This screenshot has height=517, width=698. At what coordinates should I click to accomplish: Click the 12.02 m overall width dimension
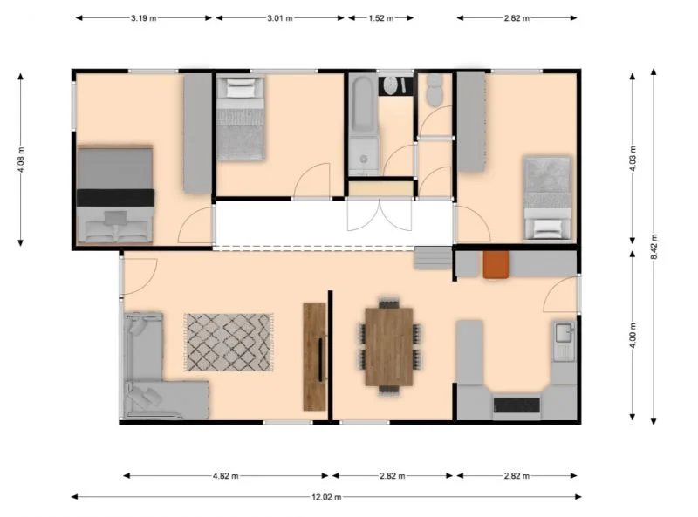[325, 497]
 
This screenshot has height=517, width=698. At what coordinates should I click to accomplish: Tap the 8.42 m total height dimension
[654, 248]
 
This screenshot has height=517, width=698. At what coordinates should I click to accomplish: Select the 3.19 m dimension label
[144, 17]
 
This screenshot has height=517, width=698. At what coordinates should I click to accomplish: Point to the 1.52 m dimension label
[377, 17]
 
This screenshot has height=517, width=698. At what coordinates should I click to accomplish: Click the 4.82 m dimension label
[226, 476]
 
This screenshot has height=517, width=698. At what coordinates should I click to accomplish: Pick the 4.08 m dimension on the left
[20, 160]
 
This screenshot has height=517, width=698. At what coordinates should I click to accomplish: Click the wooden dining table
[389, 345]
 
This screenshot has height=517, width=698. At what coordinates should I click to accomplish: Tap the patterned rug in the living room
[229, 342]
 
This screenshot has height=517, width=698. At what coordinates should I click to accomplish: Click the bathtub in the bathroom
[363, 125]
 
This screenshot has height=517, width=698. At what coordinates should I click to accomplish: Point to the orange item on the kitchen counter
[496, 264]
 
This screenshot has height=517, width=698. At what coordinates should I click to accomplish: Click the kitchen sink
[564, 332]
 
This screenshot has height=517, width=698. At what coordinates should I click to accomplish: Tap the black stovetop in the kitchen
[517, 404]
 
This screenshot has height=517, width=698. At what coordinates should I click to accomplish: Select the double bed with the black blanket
[115, 194]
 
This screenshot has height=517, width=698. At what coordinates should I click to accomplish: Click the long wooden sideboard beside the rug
[314, 356]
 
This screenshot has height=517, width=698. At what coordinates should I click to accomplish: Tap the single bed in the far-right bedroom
[548, 197]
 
